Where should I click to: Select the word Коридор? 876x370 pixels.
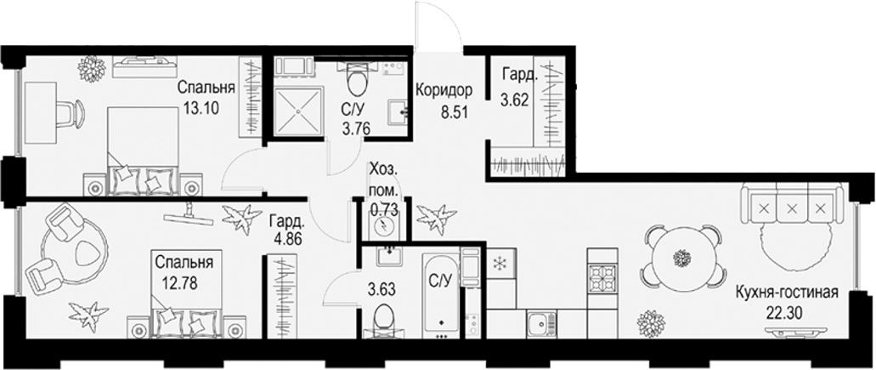pyautogui.click(x=444, y=89)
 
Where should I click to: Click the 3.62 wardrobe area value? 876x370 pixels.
pyautogui.click(x=516, y=100)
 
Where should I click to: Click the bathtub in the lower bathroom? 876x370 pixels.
pyautogui.click(x=442, y=293)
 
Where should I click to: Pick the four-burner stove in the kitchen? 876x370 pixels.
pyautogui.click(x=605, y=276)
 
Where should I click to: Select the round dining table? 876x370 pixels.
pyautogui.click(x=680, y=256)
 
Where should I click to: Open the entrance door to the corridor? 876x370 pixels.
pyautogui.click(x=438, y=30)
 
